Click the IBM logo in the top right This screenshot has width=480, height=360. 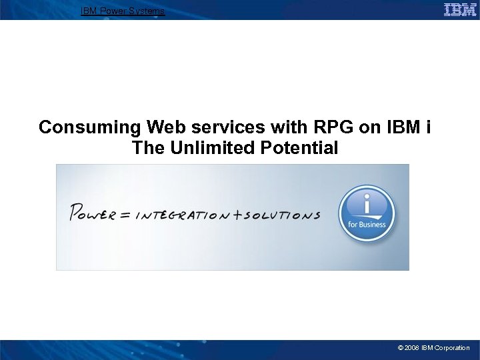point(460,9)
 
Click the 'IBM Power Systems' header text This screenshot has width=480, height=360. point(123,11)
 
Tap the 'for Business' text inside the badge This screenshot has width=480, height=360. point(367,225)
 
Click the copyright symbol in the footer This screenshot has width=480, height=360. point(400,348)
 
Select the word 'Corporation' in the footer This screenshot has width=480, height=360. point(453,348)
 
